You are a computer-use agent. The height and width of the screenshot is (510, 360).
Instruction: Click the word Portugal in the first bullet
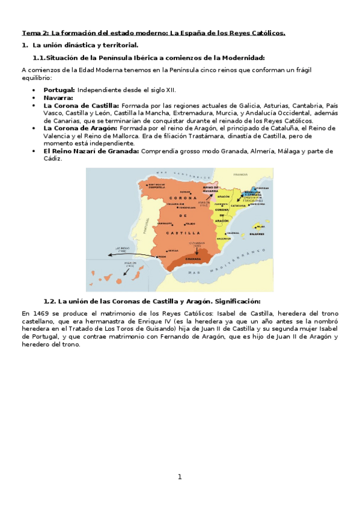click(59, 90)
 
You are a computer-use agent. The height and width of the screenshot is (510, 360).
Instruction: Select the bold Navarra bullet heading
click(58, 97)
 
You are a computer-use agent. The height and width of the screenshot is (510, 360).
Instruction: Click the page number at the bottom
click(179, 477)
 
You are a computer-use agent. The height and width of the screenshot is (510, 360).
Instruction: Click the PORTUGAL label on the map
click(144, 227)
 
